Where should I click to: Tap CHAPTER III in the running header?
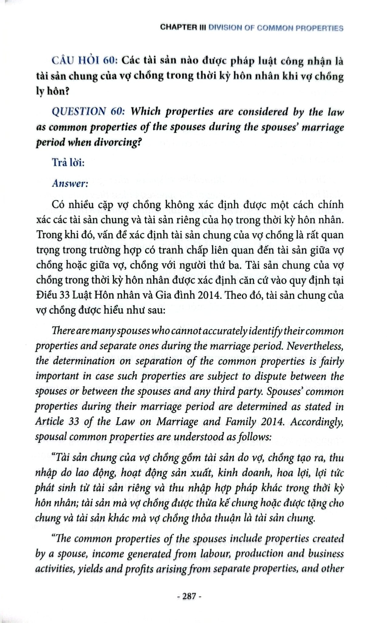click(183, 28)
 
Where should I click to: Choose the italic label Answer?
click(70, 184)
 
